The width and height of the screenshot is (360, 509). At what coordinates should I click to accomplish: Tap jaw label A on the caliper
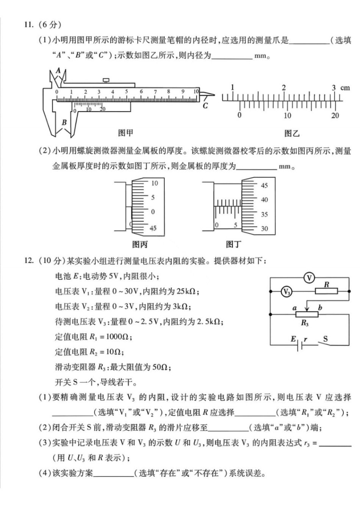58,70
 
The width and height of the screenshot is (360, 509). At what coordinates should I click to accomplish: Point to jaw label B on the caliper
64,122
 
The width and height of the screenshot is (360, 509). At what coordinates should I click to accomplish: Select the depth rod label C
205,106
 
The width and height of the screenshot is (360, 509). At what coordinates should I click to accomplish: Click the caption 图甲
125,133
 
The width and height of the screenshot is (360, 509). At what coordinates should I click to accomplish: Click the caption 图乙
292,133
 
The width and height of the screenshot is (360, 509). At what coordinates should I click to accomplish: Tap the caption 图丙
140,245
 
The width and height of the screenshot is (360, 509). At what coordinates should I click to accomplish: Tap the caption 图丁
233,245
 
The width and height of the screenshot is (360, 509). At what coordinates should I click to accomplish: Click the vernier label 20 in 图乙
335,116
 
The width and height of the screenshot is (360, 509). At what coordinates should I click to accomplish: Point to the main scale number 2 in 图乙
284,87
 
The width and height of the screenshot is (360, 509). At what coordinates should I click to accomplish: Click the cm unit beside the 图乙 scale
345,88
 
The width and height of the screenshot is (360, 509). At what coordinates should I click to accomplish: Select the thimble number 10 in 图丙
155,183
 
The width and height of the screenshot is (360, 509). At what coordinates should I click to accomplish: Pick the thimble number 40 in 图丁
264,200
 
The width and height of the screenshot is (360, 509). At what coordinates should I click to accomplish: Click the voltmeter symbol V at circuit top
309,278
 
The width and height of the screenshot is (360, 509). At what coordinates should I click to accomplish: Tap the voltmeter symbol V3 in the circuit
287,292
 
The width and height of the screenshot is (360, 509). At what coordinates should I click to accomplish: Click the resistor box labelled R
326,291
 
